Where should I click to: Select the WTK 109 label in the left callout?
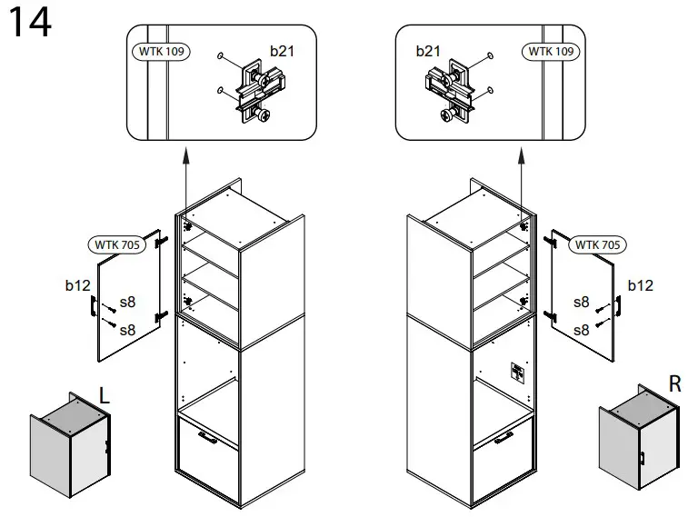tap(161, 52)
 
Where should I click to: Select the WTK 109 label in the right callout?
tap(552, 52)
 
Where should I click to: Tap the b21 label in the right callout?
tap(428, 51)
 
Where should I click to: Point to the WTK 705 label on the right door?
tap(597, 244)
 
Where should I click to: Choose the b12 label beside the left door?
tap(77, 285)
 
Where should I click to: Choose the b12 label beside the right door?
tap(641, 285)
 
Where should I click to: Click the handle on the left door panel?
tap(94, 308)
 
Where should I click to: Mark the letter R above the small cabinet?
tap(674, 384)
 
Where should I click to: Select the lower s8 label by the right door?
tap(582, 330)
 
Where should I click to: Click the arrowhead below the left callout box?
tap(185, 158)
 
